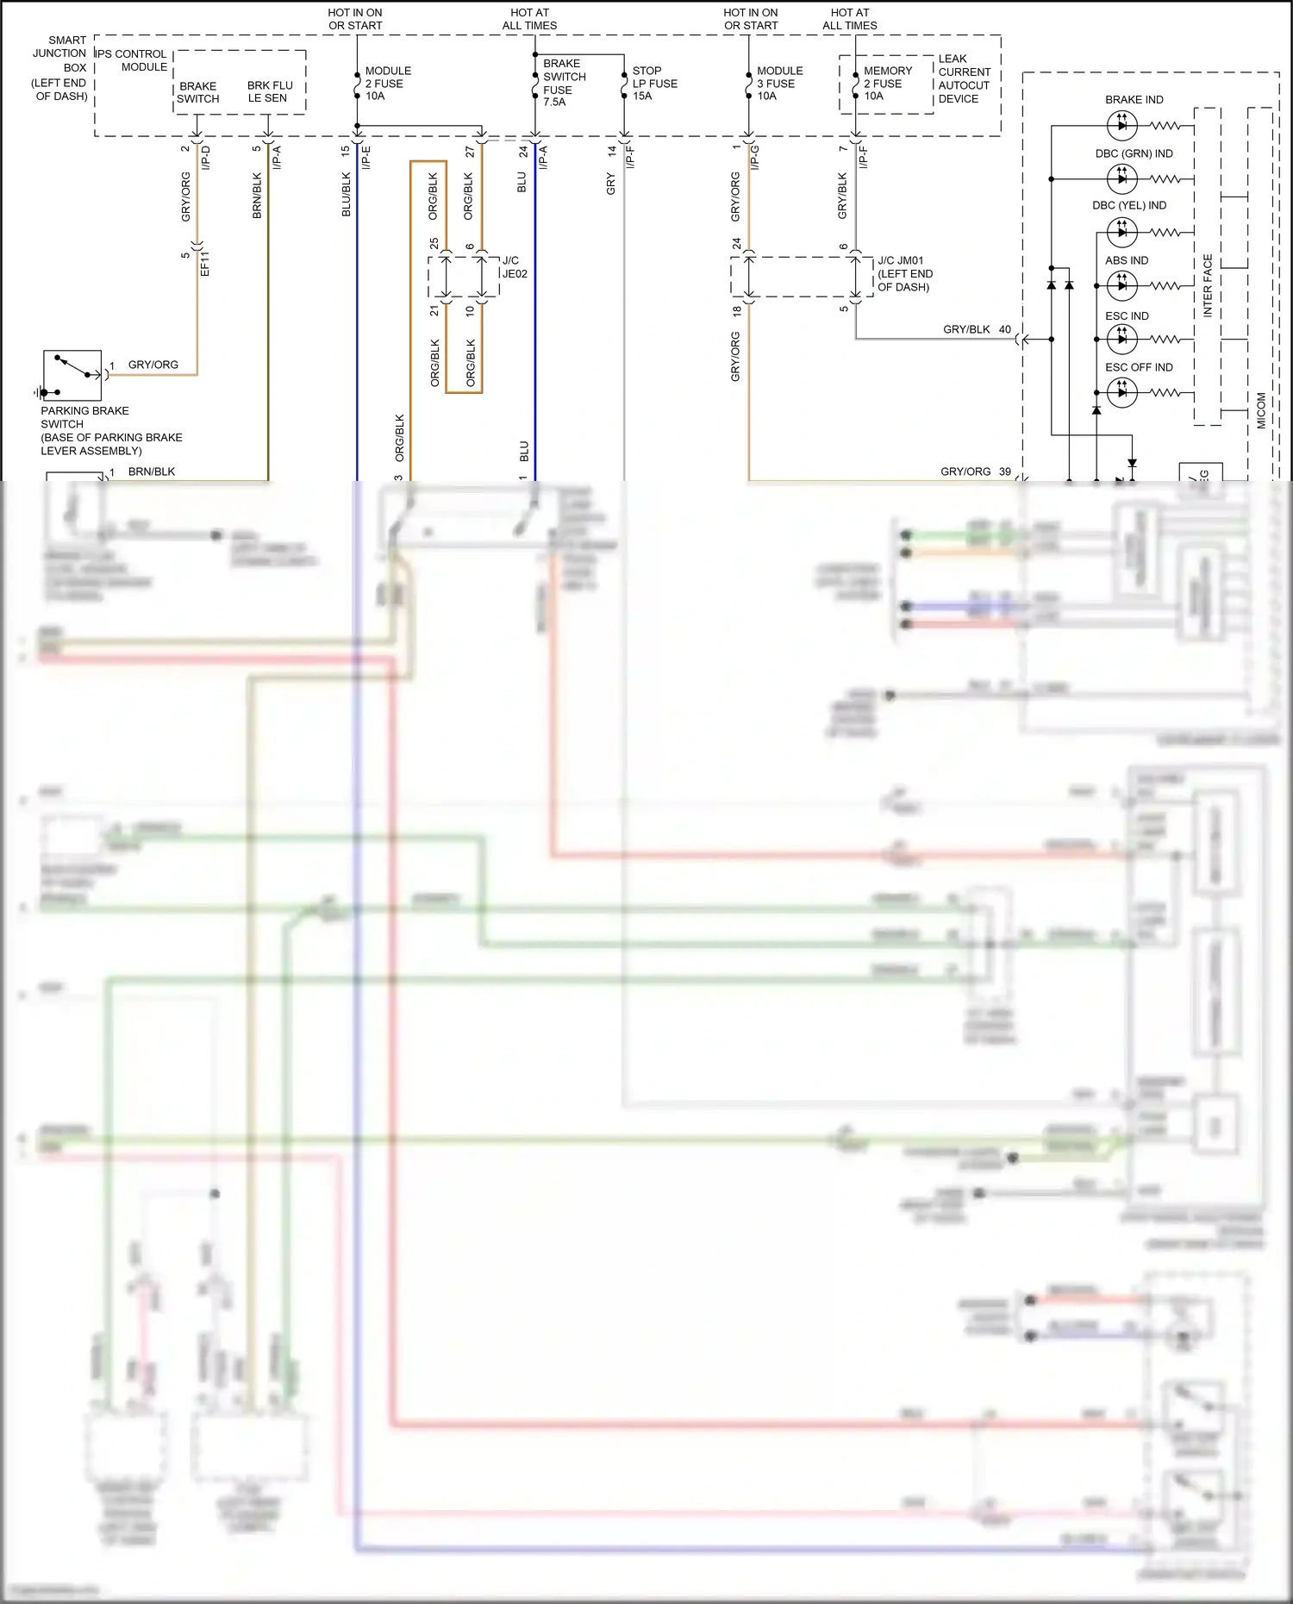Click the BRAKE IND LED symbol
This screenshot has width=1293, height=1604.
(1121, 126)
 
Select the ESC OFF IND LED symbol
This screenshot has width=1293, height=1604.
(1121, 393)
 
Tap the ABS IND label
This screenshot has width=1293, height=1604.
(1126, 260)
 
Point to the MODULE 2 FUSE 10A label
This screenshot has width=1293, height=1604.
(387, 84)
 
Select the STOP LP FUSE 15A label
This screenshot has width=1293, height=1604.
(654, 84)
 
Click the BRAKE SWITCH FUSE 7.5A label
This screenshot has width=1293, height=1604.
(564, 83)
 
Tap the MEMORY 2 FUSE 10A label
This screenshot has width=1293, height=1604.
(887, 84)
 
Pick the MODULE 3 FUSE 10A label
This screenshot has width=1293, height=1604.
(779, 84)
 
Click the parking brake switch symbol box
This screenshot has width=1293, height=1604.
(72, 375)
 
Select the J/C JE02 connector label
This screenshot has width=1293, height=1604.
(515, 267)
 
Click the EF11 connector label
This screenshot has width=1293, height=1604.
(205, 263)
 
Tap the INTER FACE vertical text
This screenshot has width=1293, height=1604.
(1208, 285)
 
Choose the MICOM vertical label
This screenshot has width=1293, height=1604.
(1261, 410)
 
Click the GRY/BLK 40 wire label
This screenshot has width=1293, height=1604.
(977, 330)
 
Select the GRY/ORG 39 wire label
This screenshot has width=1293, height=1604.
(975, 472)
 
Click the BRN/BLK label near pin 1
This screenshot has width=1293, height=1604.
(152, 472)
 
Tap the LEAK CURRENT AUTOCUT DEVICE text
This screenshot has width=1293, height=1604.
(964, 79)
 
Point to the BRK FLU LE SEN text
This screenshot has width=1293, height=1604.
(270, 92)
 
